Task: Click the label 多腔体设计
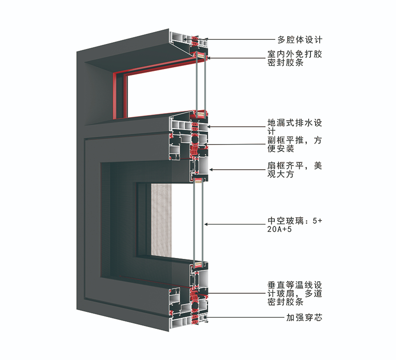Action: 300,40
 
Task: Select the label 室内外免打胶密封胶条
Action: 295,59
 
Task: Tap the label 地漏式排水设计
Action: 295,127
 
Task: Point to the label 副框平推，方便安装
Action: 295,144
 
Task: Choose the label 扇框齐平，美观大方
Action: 295,170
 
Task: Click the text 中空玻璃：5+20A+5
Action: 295,225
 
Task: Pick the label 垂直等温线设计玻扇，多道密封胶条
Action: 295,293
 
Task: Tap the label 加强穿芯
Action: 304,317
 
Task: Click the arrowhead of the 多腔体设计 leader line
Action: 206,39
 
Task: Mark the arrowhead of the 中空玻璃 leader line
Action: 206,224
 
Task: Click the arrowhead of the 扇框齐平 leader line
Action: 211,170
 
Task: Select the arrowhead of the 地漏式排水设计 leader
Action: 208,127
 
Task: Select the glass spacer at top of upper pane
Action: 201,54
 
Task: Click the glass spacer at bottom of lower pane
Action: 198,264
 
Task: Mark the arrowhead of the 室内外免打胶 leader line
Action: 209,58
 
